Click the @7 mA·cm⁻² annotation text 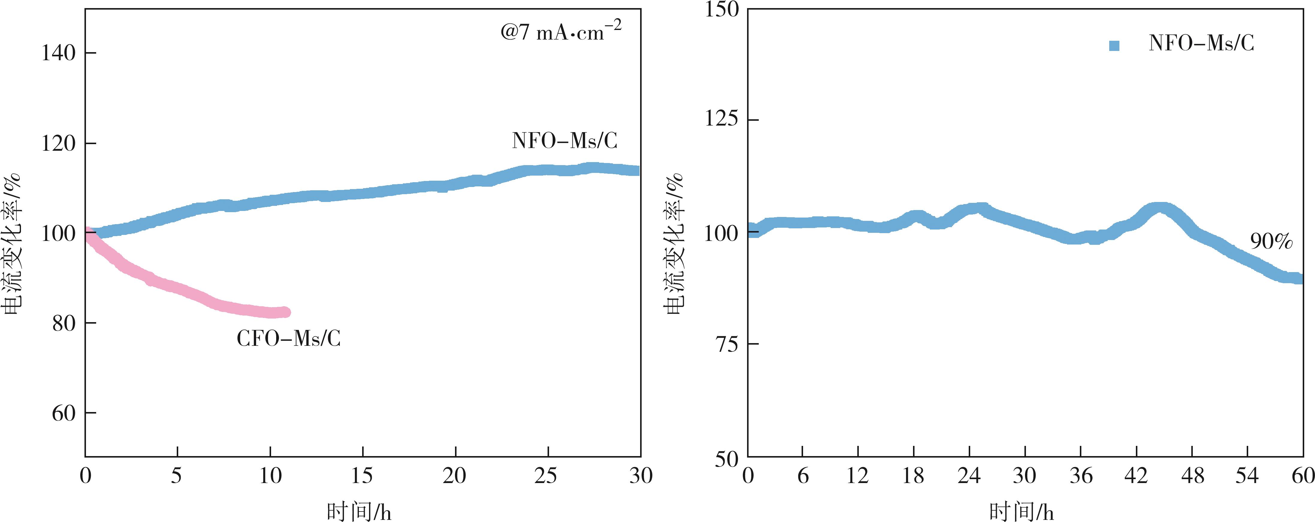(560, 32)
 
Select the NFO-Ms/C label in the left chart (565, 141)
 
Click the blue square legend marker (1114, 46)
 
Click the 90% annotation (1271, 241)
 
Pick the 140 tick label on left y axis (59, 53)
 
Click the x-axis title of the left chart (359, 511)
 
